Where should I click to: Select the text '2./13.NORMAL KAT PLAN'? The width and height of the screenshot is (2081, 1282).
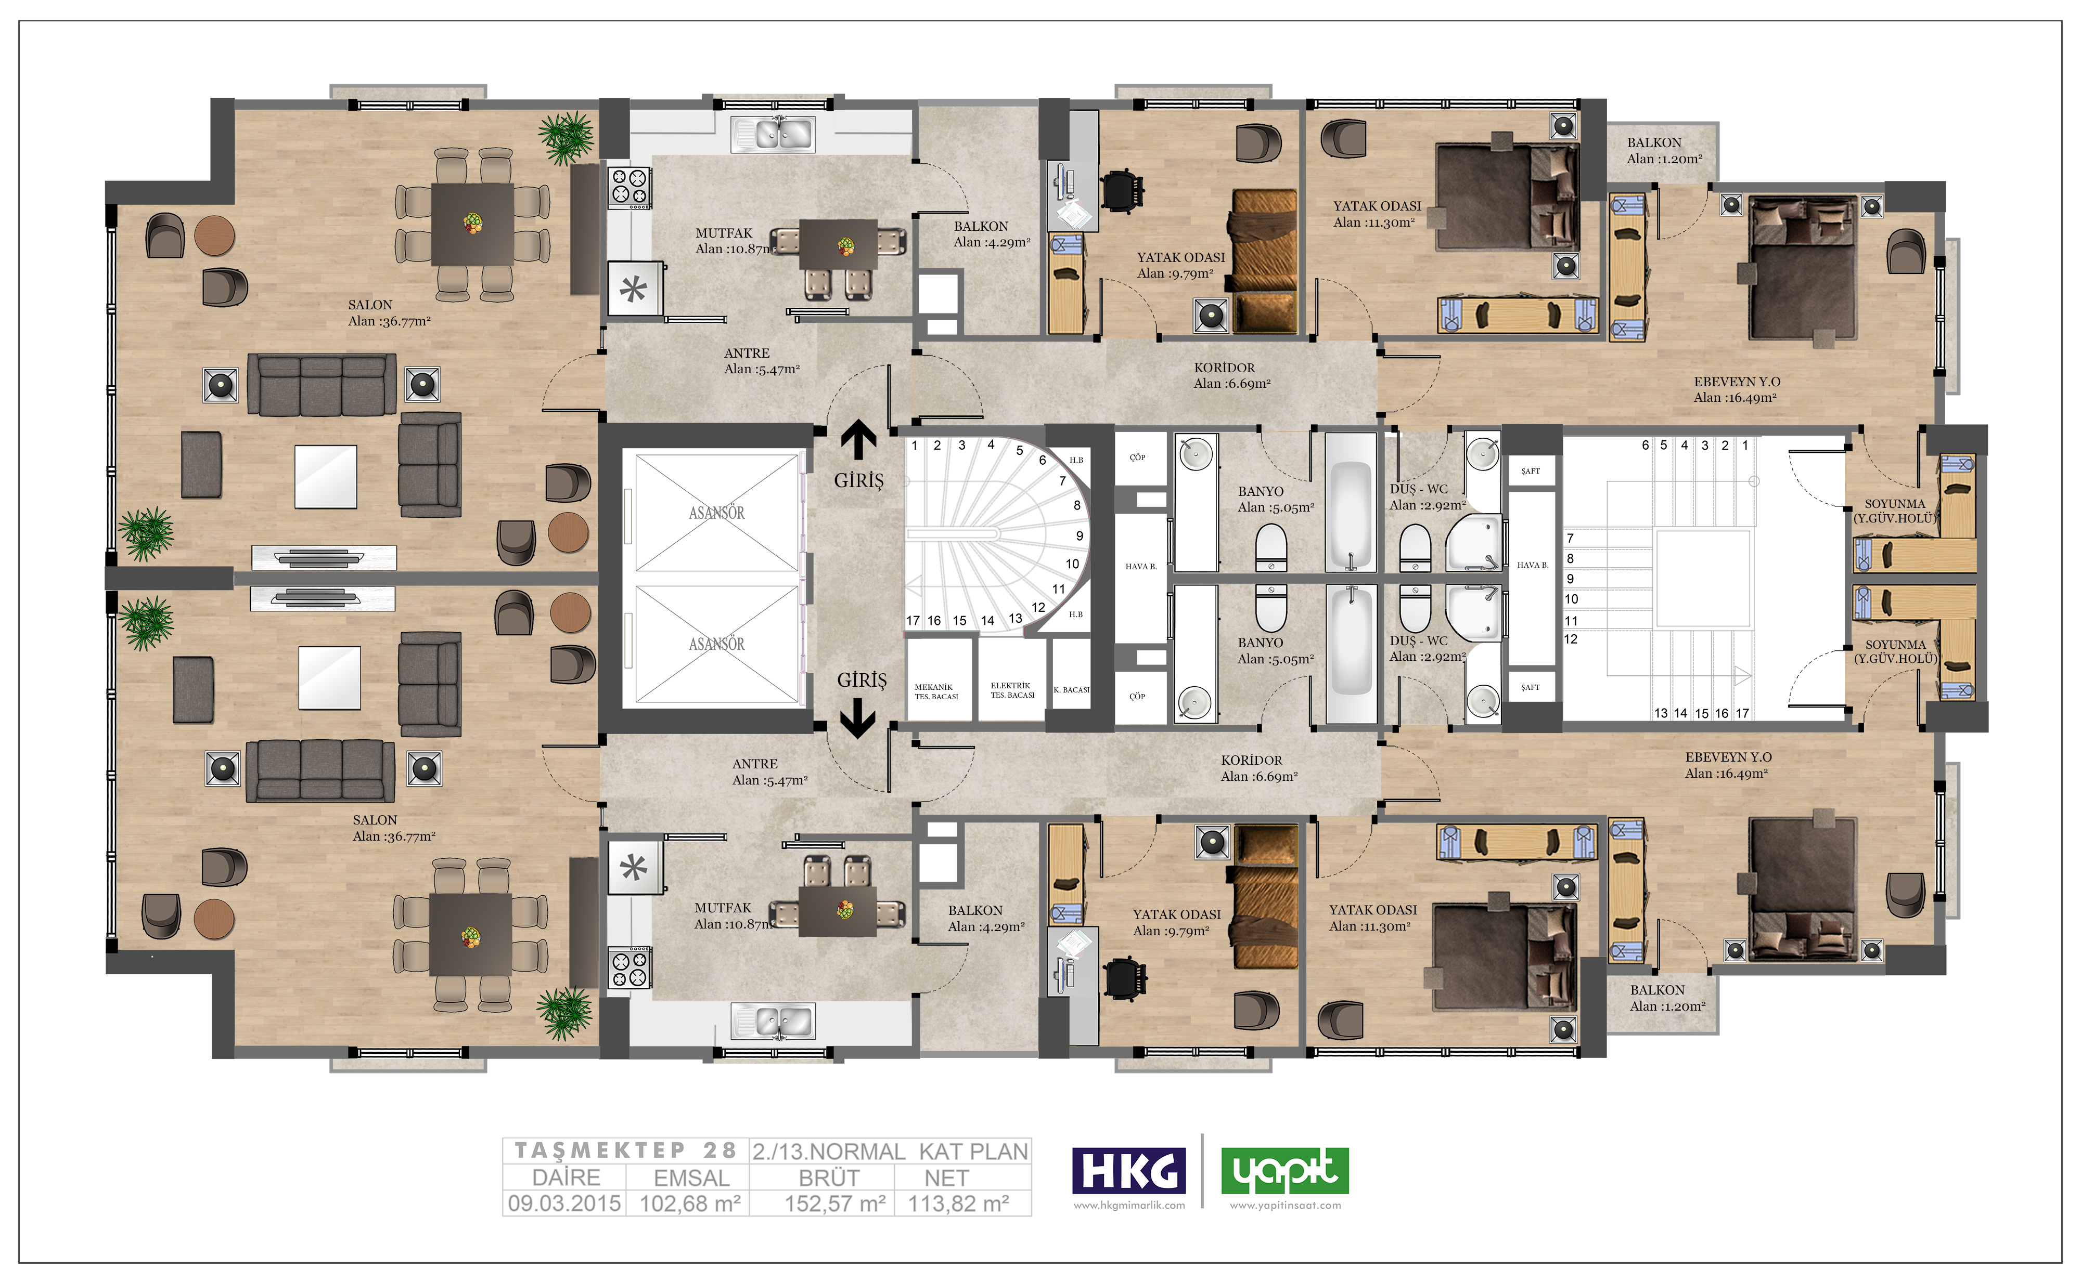coord(890,1152)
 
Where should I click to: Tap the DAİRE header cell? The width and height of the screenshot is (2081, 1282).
coord(566,1178)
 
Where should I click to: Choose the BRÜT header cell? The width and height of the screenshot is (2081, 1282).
coord(829,1178)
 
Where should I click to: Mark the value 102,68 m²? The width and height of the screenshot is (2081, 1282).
coord(690,1203)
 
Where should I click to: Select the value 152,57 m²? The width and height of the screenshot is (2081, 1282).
coord(835,1203)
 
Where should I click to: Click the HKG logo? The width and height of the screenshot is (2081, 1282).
coord(1128,1170)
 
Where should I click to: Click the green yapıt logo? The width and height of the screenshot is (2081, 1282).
coord(1284,1170)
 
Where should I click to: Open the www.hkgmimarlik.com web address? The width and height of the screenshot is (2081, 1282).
coord(1129,1205)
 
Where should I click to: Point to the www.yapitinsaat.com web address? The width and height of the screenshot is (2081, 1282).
coord(1285,1205)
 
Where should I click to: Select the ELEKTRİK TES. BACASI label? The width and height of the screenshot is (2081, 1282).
coord(1012,690)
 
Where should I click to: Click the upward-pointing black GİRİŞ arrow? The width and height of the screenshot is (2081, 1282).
coord(858,440)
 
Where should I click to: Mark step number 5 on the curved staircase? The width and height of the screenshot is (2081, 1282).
coord(1020,450)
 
